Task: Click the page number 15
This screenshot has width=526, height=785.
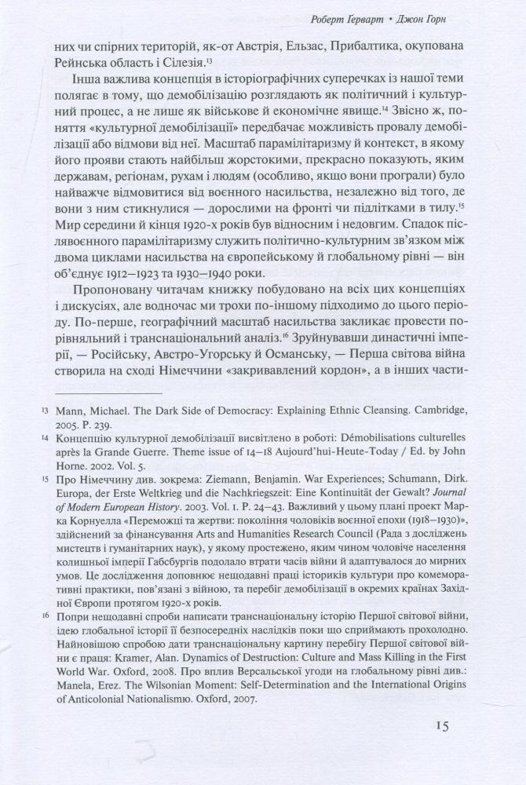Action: (438, 726)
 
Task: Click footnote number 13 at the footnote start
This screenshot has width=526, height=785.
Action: (45, 433)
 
